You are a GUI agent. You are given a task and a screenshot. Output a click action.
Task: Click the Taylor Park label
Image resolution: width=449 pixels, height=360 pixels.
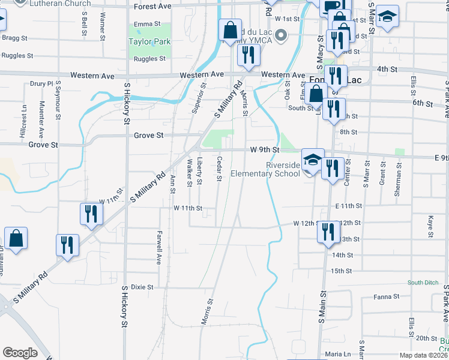(x=149, y=42)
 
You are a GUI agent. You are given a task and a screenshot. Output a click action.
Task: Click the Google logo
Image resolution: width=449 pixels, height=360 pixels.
(x=20, y=352)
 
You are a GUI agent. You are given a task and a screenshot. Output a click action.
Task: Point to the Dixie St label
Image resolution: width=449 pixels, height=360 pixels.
(x=142, y=287)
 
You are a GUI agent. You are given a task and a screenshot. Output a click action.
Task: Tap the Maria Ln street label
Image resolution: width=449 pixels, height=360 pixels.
(x=338, y=354)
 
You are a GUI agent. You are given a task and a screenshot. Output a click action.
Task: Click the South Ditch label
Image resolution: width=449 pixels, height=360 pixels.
(x=424, y=283)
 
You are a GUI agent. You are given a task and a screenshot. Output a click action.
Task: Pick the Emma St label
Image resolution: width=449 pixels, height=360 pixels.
(x=148, y=24)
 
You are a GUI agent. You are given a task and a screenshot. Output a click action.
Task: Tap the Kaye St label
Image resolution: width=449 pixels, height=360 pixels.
(x=430, y=224)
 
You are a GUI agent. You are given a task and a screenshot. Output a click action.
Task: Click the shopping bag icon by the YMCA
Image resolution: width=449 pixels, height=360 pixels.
(x=230, y=29)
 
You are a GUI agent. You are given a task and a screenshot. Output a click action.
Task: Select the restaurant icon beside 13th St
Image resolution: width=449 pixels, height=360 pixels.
(x=328, y=231)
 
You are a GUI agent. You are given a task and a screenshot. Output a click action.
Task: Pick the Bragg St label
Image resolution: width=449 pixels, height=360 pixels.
(x=15, y=38)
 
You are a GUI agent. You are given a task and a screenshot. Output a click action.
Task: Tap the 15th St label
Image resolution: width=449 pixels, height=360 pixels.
(x=341, y=271)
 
